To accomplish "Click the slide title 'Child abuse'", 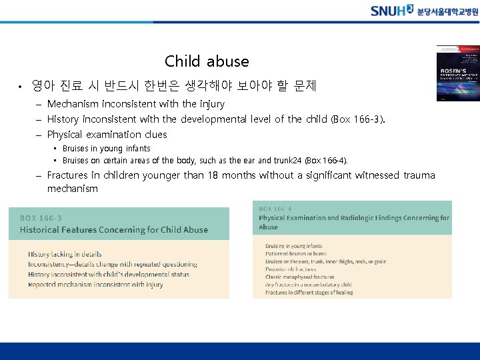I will tap(207, 61).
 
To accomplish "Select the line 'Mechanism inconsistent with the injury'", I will tap(136, 104).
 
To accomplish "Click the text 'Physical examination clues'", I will tap(107, 134).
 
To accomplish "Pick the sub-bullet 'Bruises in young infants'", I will tap(106, 149).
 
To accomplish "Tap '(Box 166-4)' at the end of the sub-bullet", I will tap(327, 161).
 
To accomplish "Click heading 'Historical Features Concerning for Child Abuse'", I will tap(114, 230).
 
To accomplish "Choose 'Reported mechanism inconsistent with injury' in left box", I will tap(95, 285).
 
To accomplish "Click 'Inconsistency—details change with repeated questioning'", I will tap(113, 264).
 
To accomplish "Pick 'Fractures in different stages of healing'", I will tap(309, 293).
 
